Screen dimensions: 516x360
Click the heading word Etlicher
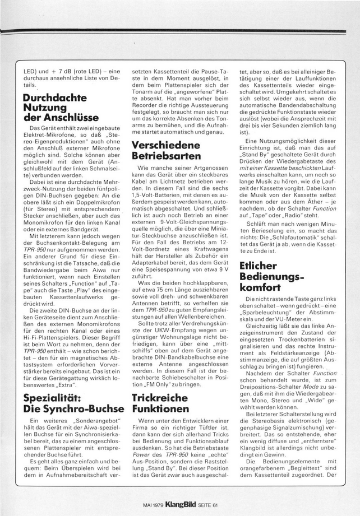click(x=260, y=265)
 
